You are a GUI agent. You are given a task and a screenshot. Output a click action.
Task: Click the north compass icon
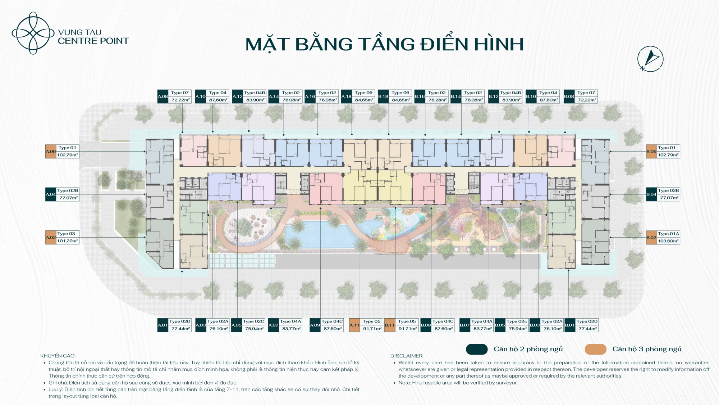coord(650,59)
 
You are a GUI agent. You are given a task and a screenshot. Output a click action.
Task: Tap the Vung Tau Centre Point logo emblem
coord(33,33)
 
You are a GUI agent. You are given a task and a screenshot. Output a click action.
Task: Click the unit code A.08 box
coord(163,96)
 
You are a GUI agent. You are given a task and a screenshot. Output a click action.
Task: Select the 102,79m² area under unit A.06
coord(68,155)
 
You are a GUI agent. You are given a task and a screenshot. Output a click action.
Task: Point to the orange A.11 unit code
coord(354,325)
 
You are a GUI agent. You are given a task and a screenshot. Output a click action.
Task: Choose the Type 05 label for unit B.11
coord(407,321)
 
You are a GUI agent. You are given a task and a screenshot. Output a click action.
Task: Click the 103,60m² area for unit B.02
coord(668,241)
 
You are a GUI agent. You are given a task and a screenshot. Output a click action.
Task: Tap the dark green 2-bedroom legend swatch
coord(477,349)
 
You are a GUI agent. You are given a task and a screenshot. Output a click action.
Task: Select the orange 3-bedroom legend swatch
coord(596,349)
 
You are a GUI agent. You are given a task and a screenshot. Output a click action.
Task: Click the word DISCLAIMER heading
coord(407,356)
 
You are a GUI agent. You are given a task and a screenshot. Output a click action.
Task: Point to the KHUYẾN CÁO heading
coord(58,356)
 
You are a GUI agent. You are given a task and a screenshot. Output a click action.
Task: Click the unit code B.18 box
coord(383,96)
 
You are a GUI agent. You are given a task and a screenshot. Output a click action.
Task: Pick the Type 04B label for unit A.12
coord(255,93)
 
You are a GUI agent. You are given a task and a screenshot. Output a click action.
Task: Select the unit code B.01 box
coord(570,325)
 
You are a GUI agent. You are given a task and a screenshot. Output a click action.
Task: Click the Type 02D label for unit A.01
coord(180,321)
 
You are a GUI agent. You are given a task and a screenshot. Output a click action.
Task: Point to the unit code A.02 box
coord(51,238)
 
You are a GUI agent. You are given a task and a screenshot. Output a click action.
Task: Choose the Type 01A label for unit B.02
coord(668,234)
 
